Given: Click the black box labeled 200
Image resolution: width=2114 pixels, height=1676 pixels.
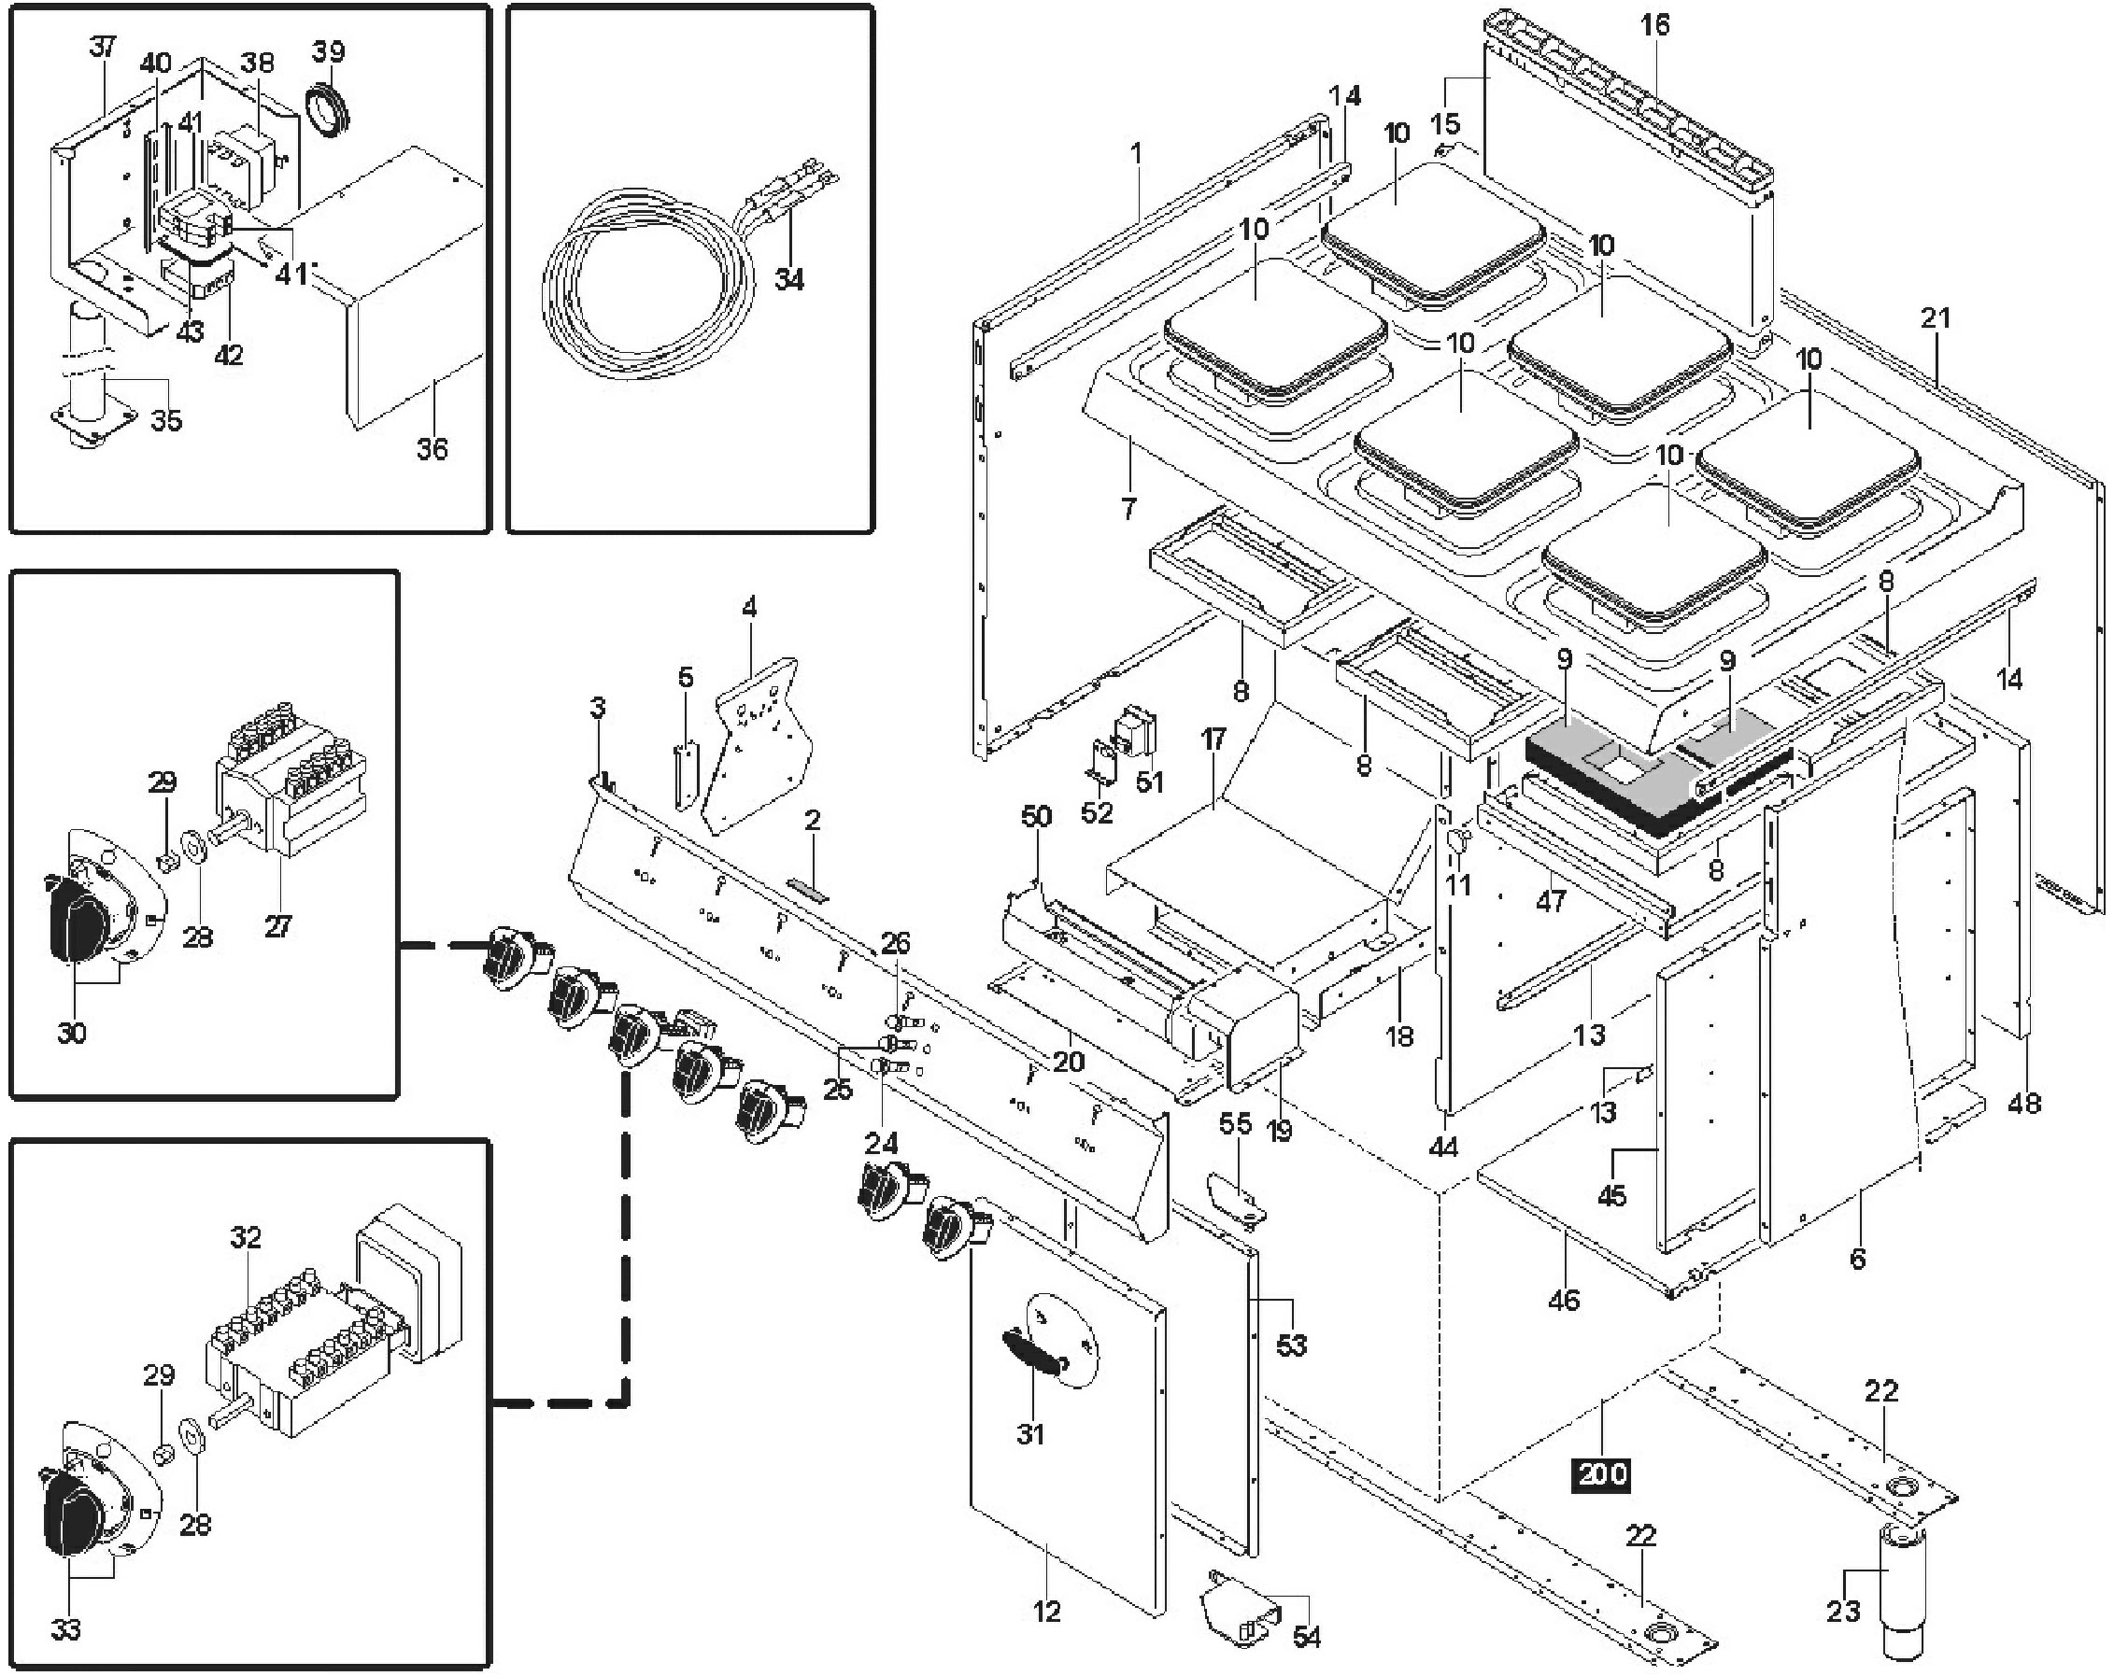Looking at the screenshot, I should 1601,1473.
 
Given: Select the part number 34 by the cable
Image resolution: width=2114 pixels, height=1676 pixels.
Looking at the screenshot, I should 788,279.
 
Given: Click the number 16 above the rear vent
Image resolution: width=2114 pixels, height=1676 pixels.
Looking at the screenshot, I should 1654,26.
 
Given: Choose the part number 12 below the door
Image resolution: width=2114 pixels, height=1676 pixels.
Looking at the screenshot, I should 1047,1612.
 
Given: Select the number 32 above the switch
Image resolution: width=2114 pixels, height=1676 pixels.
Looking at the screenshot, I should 245,1238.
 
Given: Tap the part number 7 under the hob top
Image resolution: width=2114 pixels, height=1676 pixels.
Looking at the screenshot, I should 1128,509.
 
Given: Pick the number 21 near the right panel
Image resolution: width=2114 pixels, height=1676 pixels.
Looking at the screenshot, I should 1935,318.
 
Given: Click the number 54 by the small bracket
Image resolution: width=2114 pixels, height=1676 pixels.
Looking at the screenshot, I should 1307,1636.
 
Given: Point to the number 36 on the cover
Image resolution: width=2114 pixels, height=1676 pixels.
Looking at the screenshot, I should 432,449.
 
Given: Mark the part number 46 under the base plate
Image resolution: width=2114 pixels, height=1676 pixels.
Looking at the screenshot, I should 1563,1300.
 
